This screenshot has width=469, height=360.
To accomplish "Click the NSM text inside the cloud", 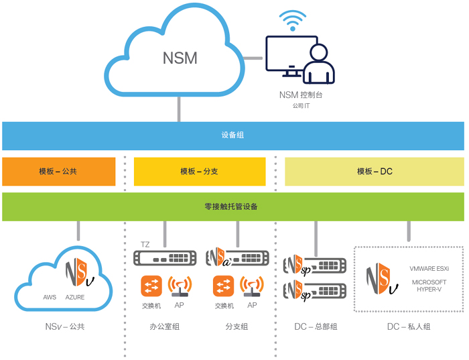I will point(180,58).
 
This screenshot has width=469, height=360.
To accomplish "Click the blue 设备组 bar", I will point(232,135).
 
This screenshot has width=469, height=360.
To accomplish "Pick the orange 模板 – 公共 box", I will point(58,172).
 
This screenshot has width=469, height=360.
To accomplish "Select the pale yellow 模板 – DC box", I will point(375,172).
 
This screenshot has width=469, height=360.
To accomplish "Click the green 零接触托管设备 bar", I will point(232,206).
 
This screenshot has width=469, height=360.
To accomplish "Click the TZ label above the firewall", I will point(145,244).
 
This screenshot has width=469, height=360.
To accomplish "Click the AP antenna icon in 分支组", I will point(252,287).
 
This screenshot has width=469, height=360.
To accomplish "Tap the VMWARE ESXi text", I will point(429,268).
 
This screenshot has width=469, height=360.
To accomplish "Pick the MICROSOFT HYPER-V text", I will point(429,286).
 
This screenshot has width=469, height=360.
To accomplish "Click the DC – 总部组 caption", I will point(315,326).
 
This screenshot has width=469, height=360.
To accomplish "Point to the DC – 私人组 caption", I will point(409,326).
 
